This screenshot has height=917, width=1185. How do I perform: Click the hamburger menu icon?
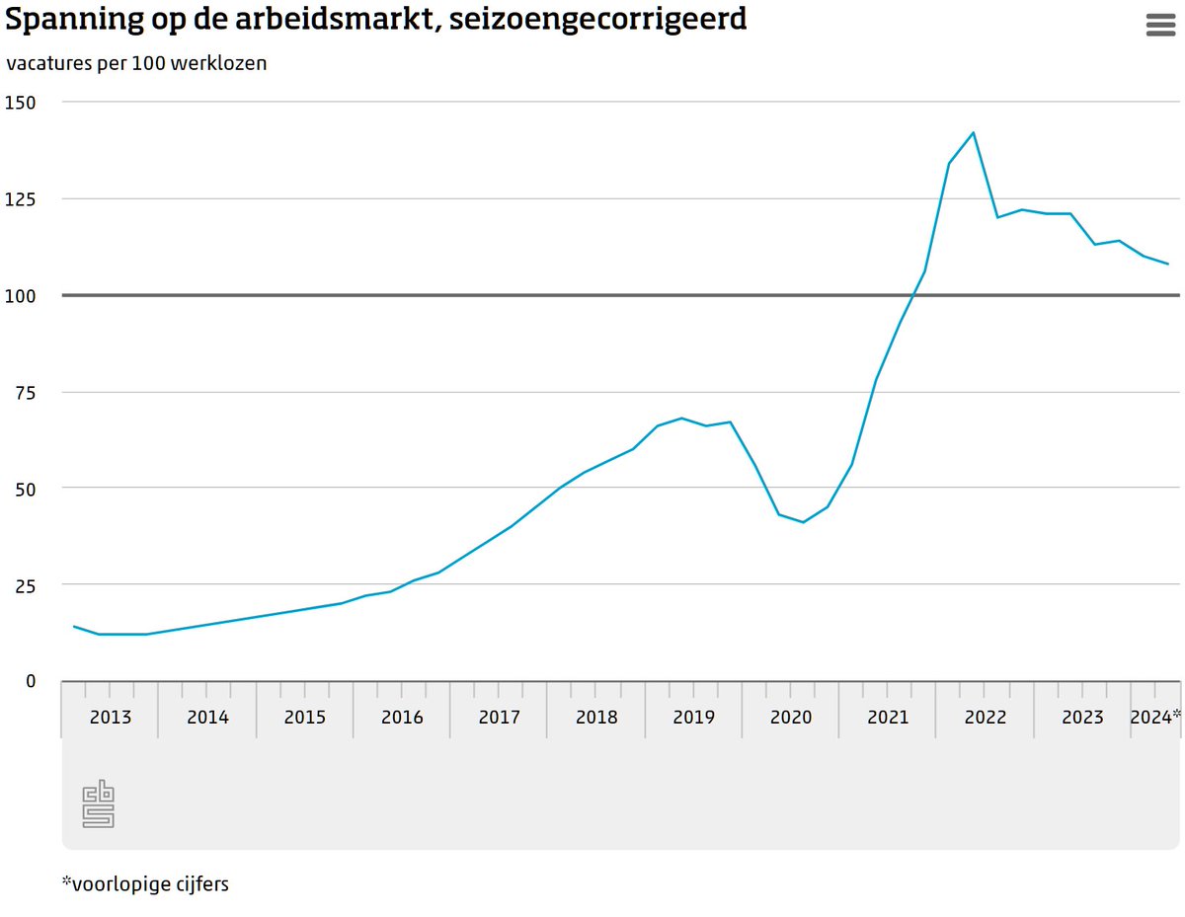[1160, 26]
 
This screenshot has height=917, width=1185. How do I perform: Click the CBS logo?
[98, 803]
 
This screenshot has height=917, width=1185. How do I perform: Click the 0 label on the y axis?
[30, 681]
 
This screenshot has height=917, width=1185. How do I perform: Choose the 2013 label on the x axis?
[110, 718]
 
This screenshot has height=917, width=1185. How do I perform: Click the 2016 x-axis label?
[402, 718]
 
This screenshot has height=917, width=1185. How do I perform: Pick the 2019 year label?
[693, 718]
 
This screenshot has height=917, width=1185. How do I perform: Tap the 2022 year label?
[986, 718]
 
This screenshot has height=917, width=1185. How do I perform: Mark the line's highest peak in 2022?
[974, 132]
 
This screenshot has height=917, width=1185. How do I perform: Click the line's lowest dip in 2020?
[803, 522]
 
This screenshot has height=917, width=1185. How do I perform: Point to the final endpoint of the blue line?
[1168, 264]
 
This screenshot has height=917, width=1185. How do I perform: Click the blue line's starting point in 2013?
[74, 626]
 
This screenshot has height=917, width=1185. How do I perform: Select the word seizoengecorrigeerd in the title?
[597, 19]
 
